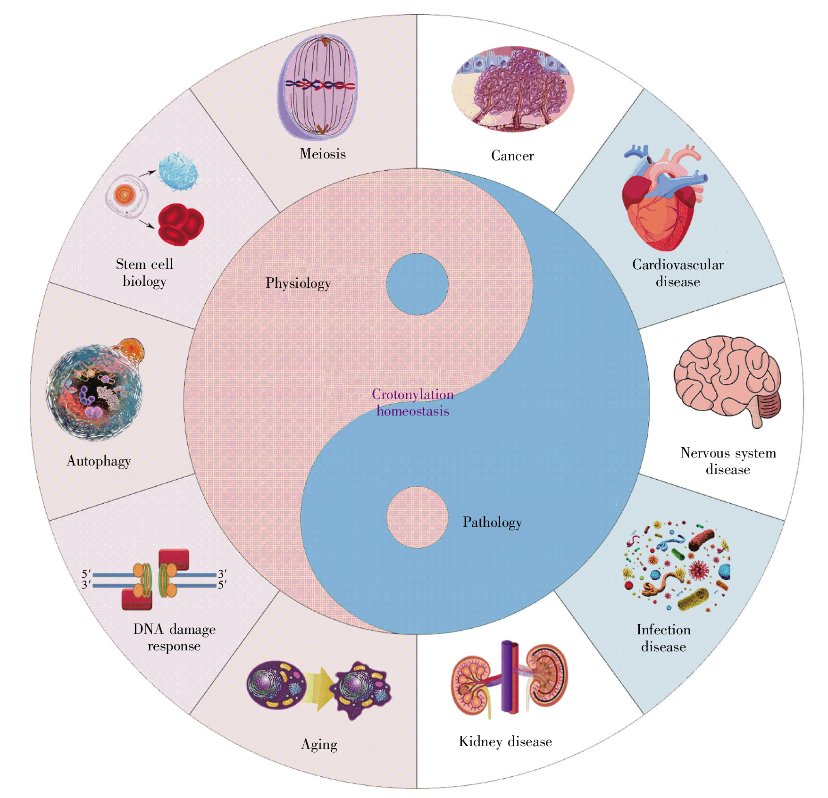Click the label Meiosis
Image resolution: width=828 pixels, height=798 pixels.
tap(323, 154)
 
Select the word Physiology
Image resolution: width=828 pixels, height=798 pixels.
tap(298, 283)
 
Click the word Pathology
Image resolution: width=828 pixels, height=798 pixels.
tap(492, 522)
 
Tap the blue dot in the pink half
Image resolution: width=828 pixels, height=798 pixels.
tap(417, 284)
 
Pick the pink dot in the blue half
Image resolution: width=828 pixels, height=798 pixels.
tap(417, 517)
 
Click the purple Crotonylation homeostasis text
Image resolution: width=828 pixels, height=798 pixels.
tap(413, 403)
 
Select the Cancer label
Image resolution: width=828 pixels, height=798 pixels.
tap(512, 156)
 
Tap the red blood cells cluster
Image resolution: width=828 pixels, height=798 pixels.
tap(180, 224)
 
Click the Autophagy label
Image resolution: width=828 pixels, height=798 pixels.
tap(99, 461)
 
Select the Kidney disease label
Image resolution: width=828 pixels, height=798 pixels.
tap(505, 741)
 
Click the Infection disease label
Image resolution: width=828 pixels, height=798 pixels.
tap(663, 638)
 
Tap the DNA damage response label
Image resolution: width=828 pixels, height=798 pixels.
tap(174, 637)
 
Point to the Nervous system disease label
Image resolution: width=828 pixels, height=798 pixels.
tap(728, 461)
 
